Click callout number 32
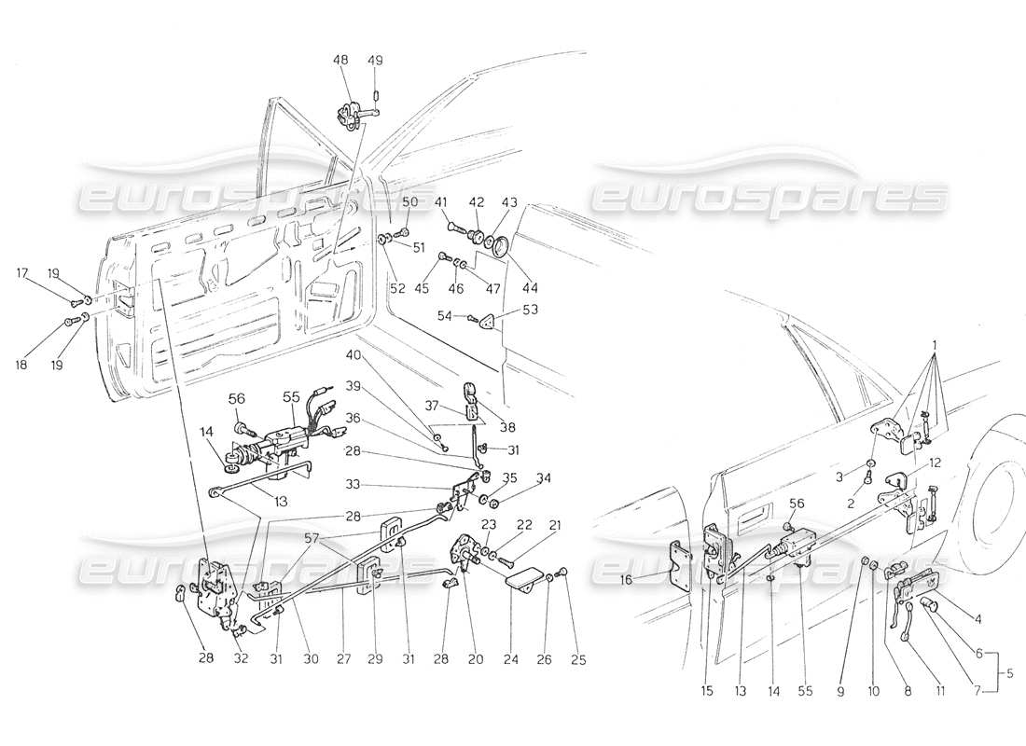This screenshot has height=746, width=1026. pyautogui.click(x=240, y=658)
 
